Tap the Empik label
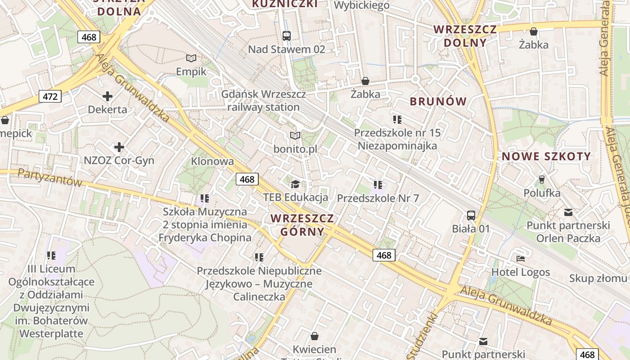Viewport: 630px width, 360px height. point(191,72)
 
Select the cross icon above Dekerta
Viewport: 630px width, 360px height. point(108,96)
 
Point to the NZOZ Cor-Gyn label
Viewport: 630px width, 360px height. point(119,161)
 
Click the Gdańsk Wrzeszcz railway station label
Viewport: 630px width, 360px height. point(264,101)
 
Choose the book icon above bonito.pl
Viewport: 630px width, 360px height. point(295,135)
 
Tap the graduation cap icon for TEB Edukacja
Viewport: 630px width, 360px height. point(295,184)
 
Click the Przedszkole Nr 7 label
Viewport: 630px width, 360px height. point(378,198)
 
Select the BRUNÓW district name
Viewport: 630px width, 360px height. point(438,101)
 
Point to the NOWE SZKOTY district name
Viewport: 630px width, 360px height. point(546,157)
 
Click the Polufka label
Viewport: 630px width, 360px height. point(542,193)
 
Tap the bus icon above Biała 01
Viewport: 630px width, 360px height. point(471,216)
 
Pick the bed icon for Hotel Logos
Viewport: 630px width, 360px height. point(521,259)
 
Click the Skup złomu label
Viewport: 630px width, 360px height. point(598,278)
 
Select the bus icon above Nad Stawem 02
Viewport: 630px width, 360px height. point(287,36)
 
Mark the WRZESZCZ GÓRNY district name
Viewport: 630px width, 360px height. point(302,225)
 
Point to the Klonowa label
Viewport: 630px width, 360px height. point(212,161)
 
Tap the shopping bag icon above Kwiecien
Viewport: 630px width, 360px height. point(315,336)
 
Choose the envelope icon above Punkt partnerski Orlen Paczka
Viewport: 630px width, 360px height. point(568,212)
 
